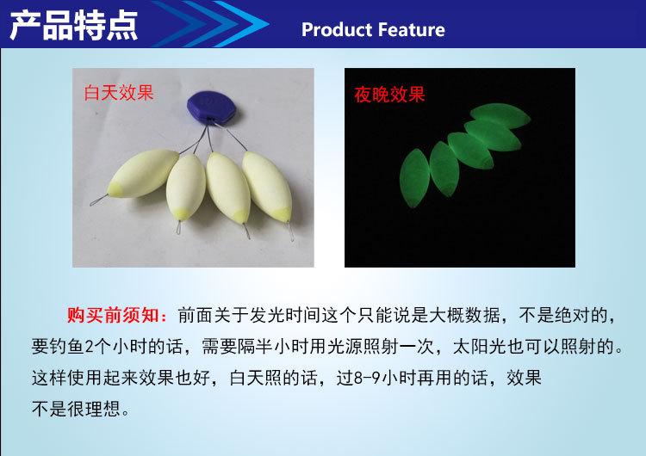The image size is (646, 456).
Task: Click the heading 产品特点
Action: tap(72, 25)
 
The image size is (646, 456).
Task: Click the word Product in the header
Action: tap(334, 30)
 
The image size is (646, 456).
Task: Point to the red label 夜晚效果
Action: tap(389, 95)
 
